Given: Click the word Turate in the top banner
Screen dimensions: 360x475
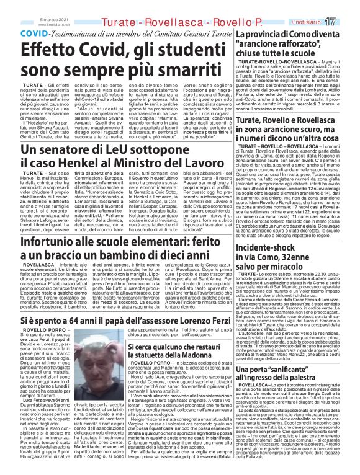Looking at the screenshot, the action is [x=121, y=22].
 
